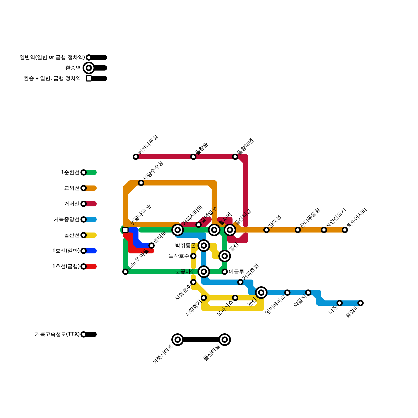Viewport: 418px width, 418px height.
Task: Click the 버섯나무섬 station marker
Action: (x=136, y=157)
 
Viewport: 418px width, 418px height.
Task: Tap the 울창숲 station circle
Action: (x=193, y=157)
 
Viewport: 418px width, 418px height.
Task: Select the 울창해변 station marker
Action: (x=235, y=157)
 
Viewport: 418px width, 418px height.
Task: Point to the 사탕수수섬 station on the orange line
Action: (x=141, y=183)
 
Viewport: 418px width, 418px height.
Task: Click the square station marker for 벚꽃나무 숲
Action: (x=125, y=230)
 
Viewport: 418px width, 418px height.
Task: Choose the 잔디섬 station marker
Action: (x=266, y=230)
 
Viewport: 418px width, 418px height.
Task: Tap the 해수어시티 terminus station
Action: (x=345, y=230)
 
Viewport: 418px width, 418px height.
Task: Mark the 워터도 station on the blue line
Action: (x=152, y=246)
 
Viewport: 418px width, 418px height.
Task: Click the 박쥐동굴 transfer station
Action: (x=204, y=246)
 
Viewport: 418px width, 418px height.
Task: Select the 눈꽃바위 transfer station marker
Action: (x=204, y=272)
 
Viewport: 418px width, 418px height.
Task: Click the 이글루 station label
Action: (x=236, y=272)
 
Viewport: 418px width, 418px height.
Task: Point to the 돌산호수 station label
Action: (x=179, y=256)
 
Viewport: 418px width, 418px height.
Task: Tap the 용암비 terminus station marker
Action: (x=361, y=303)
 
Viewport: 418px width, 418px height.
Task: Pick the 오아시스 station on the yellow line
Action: (x=235, y=298)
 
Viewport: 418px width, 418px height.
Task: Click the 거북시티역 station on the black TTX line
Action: (x=178, y=340)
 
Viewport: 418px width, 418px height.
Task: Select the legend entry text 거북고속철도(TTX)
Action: (x=57, y=334)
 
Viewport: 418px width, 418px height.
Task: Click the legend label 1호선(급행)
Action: (x=66, y=266)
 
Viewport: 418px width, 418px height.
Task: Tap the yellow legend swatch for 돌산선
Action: (x=91, y=235)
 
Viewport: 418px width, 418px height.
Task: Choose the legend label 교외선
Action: (x=72, y=188)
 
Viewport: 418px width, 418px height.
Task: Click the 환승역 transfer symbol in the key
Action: (x=89, y=68)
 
